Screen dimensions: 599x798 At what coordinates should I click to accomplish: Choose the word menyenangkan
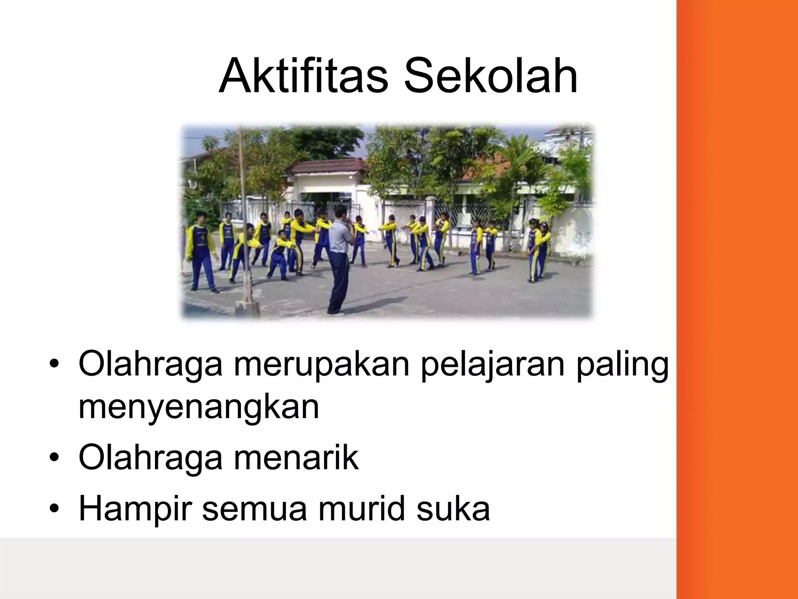pos(199,408)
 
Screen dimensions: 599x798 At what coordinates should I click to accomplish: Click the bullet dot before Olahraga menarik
pos(54,459)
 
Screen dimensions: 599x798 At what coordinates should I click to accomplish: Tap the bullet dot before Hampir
pos(54,509)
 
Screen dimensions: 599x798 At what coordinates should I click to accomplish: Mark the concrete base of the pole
pos(247,308)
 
